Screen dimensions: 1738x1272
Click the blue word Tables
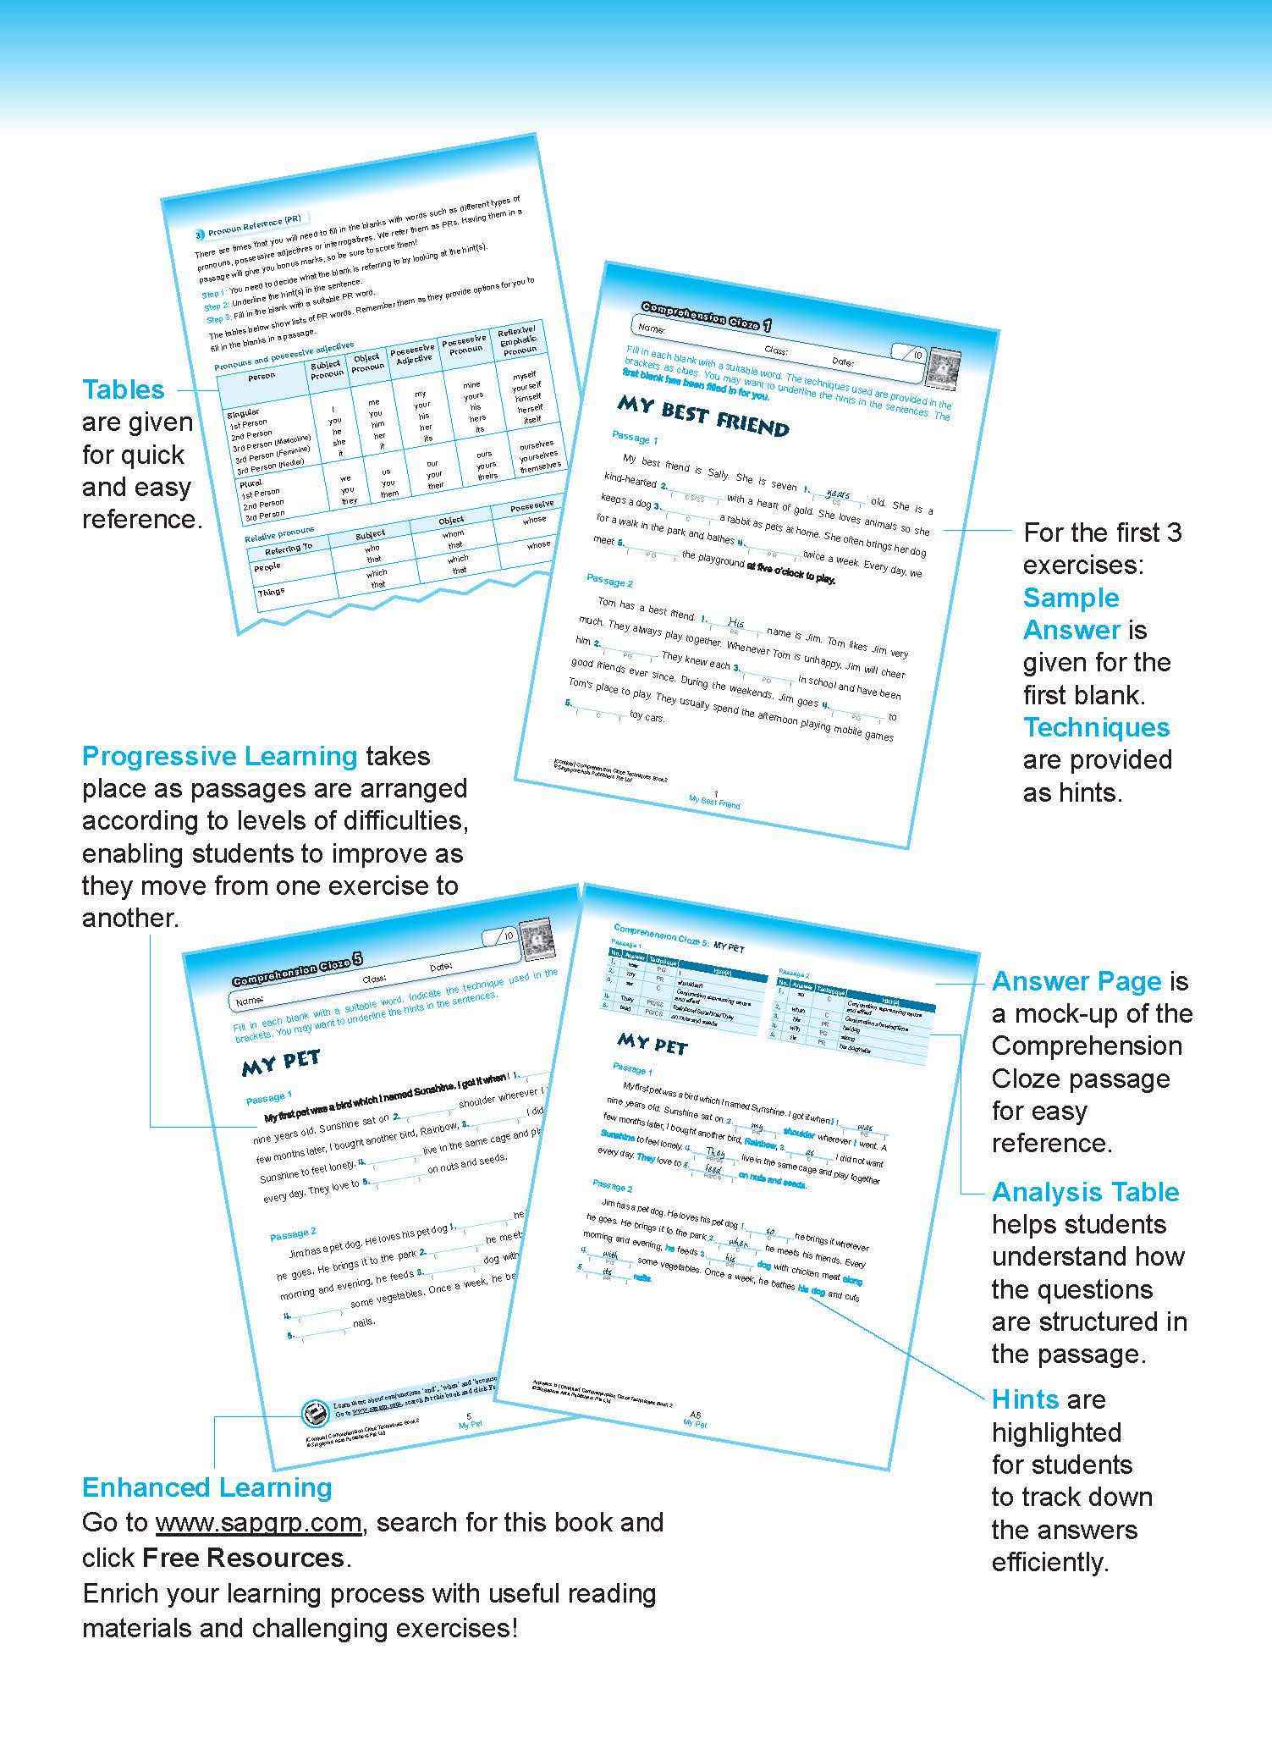click(x=123, y=389)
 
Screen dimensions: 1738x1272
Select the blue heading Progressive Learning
click(x=219, y=755)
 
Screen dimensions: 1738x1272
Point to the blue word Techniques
click(x=1096, y=727)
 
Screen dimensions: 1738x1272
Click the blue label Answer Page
click(x=1076, y=981)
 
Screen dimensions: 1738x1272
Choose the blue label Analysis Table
click(x=1085, y=1192)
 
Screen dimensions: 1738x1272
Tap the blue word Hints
click(x=1025, y=1399)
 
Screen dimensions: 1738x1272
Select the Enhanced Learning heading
click(x=206, y=1487)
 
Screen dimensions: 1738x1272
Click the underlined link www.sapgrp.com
click(x=259, y=1522)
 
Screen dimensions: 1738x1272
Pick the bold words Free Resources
click(x=243, y=1558)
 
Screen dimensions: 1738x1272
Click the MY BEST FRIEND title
click(x=702, y=414)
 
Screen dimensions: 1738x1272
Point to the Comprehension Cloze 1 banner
click(x=706, y=316)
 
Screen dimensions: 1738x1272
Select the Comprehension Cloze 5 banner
click(x=298, y=970)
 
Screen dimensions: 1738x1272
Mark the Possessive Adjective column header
click(x=414, y=354)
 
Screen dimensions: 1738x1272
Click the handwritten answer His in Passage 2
click(x=735, y=621)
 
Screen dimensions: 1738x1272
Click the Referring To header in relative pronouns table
click(x=289, y=549)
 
